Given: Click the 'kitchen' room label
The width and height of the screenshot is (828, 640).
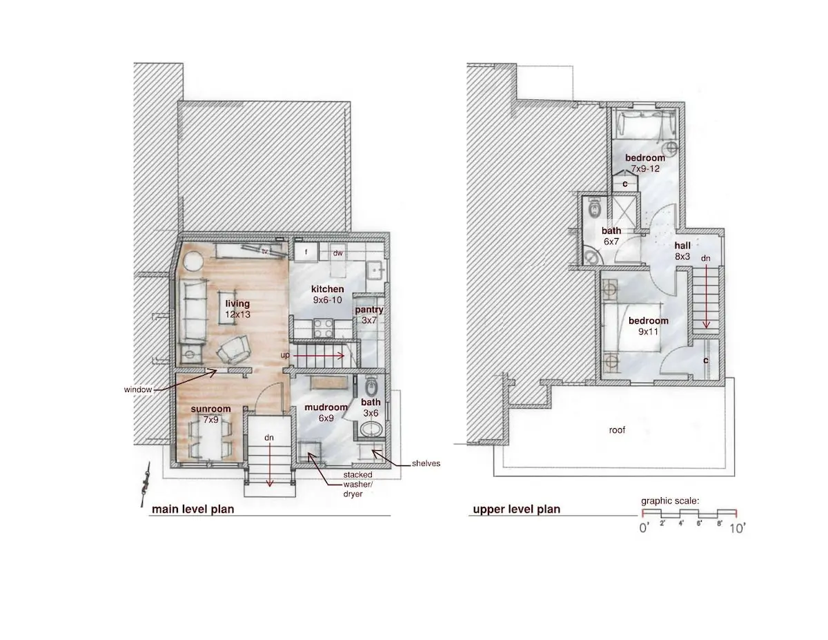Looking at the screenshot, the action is click(x=327, y=289).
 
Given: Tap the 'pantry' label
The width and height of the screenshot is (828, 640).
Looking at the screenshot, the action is click(x=369, y=309).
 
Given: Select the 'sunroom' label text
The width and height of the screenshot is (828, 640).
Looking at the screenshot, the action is click(x=210, y=409).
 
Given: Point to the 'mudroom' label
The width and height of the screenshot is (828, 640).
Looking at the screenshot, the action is click(x=326, y=407).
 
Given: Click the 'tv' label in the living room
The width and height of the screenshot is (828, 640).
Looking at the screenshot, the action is click(x=265, y=251).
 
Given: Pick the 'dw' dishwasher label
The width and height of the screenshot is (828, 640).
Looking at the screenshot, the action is click(x=337, y=253).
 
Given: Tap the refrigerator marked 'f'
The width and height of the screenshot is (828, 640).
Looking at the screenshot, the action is click(x=306, y=252).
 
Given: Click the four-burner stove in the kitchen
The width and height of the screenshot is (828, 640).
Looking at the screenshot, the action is click(x=324, y=329).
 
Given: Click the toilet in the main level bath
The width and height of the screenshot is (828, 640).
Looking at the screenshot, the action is click(x=371, y=387).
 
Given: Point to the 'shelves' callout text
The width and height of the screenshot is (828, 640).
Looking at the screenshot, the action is click(x=426, y=463).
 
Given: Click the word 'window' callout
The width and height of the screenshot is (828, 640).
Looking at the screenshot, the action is click(x=138, y=389).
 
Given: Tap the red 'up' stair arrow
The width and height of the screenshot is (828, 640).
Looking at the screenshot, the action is click(x=319, y=356).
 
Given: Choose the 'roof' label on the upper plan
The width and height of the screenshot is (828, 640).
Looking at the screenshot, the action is click(x=617, y=430).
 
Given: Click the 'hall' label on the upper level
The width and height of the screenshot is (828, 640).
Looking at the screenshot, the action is click(x=682, y=246).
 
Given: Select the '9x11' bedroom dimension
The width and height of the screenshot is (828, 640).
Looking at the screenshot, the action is click(x=648, y=331).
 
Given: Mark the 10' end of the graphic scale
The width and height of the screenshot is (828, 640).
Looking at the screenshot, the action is click(x=736, y=513).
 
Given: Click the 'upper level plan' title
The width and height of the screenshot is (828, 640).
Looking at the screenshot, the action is click(x=516, y=510).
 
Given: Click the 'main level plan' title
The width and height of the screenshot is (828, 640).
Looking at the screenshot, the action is click(x=193, y=510).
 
